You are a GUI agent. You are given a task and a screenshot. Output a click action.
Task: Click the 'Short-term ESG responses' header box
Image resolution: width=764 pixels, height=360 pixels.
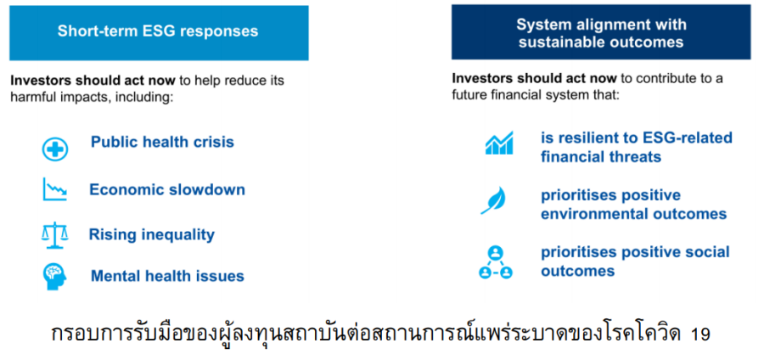coord(159,32)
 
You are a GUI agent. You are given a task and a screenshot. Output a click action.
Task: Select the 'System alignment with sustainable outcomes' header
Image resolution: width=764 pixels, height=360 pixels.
coord(601,32)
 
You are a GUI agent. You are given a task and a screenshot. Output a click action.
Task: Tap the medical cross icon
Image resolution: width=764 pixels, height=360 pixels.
coord(55,149)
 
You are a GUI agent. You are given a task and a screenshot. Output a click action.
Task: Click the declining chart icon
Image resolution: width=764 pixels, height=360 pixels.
coord(54,189)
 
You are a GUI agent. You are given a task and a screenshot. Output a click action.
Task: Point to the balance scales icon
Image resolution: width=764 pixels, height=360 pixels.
coord(54,235)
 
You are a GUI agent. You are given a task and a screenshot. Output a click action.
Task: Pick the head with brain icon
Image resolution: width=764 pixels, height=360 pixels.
coord(54,277)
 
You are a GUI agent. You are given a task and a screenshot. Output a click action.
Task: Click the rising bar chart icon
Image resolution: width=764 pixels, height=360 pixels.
coord(499,143)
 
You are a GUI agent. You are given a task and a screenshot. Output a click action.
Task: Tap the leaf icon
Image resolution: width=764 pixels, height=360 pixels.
coord(494,200)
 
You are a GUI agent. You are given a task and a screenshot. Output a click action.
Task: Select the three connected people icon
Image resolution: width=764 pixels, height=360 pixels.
coord(496,262)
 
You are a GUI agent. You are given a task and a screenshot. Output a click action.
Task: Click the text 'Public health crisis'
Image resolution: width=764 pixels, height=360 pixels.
coord(162,142)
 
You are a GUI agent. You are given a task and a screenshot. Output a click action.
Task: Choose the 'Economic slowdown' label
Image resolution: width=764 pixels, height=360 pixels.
coord(167,189)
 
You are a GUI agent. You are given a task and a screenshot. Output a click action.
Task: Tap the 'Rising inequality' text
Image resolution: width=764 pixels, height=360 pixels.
coord(152,235)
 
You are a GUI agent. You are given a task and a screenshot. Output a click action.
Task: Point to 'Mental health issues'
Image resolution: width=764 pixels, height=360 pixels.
coord(167,276)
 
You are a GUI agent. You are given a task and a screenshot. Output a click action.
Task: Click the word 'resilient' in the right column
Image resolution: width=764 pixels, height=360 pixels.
coord(587,138)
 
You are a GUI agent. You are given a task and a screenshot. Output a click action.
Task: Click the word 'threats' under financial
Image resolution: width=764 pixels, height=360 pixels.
coord(633,157)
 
